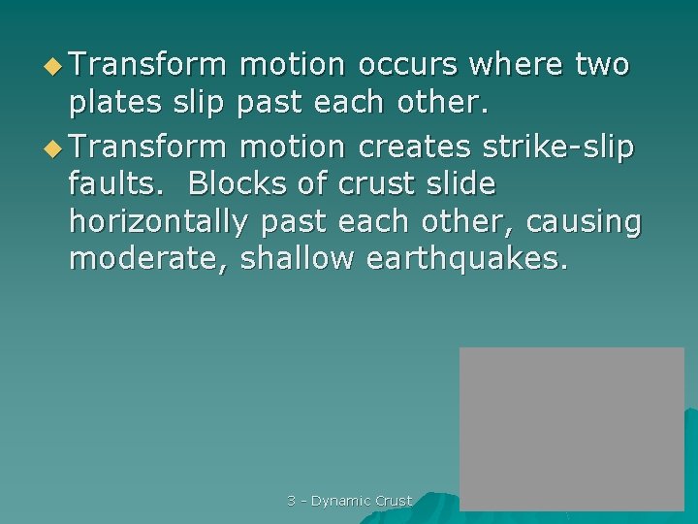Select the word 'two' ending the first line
click(601, 65)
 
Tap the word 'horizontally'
click(159, 222)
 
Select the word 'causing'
click(584, 222)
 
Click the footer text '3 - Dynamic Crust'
click(350, 501)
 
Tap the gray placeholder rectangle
click(571, 428)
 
